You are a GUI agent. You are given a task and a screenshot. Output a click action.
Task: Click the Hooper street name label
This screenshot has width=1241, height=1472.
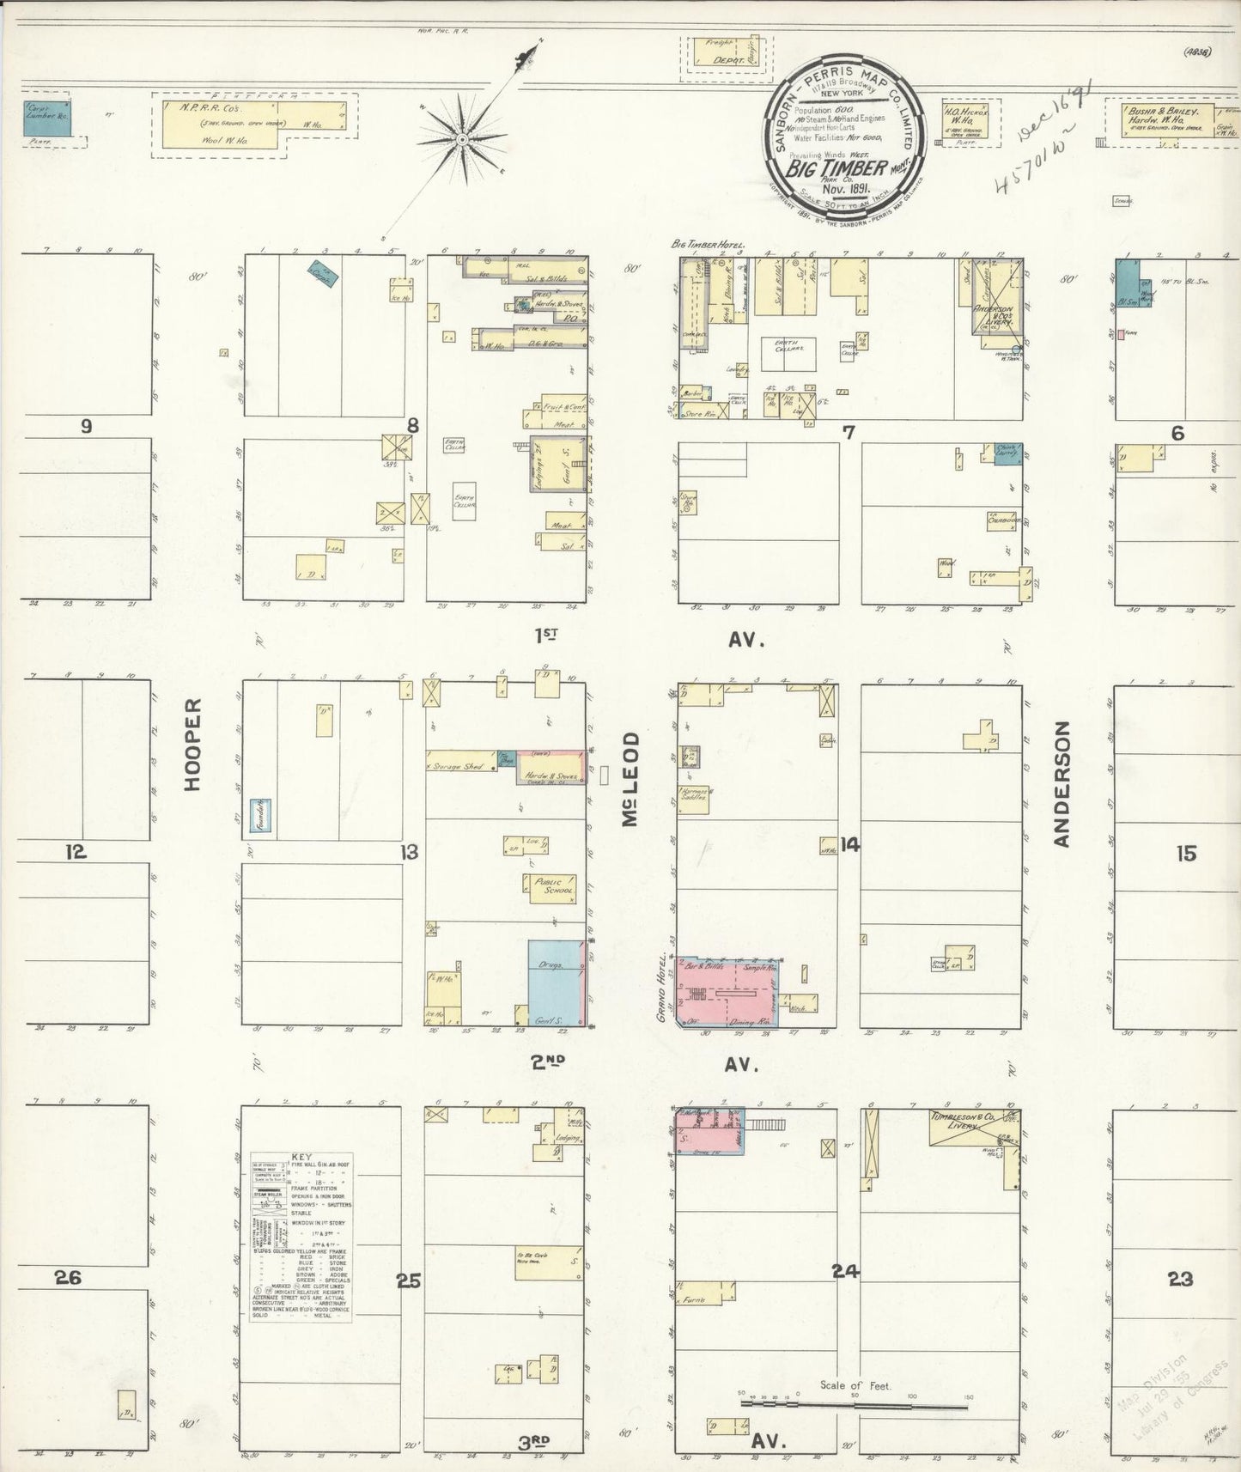coord(193,744)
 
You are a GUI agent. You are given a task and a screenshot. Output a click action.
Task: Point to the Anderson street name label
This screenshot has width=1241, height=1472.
coord(1063,783)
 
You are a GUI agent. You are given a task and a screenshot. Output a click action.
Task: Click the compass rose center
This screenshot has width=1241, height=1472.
coord(462,138)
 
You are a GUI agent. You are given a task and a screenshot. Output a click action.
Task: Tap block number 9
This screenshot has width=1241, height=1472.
coord(86,426)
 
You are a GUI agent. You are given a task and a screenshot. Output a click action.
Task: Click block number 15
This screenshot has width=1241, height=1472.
coord(1185,854)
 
